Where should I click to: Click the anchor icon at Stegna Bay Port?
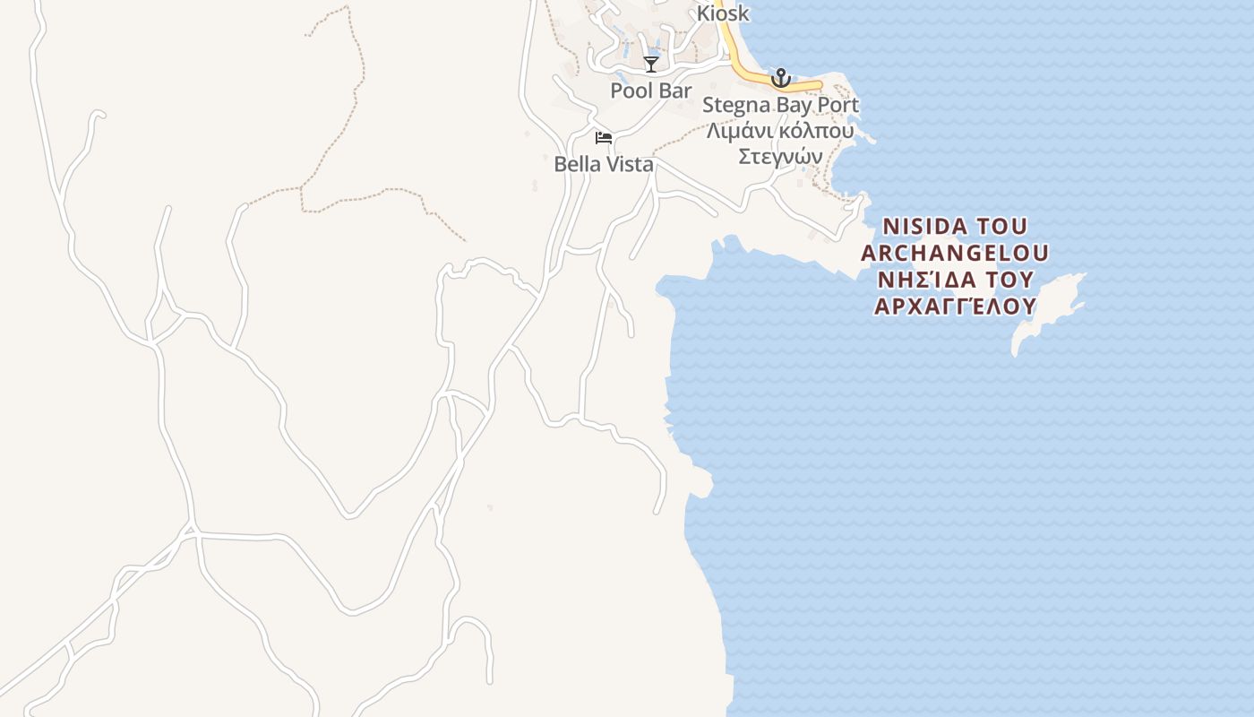tap(781, 78)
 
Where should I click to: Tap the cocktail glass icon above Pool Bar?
tap(651, 65)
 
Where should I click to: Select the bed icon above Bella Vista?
tap(604, 137)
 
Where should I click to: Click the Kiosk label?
tap(723, 14)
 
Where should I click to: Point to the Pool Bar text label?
tap(651, 91)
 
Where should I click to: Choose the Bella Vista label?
tap(604, 164)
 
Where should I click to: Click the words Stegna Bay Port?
tap(780, 105)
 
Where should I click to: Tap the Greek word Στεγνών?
tap(779, 156)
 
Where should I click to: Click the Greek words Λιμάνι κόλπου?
tap(779, 131)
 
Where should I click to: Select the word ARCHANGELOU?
tap(954, 252)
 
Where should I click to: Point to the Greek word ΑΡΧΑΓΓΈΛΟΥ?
tap(954, 307)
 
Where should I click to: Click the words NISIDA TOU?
tap(954, 225)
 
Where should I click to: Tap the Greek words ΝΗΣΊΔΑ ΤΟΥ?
tap(954, 280)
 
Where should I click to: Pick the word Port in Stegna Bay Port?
tap(840, 105)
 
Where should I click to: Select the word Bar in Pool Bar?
tap(675, 91)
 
